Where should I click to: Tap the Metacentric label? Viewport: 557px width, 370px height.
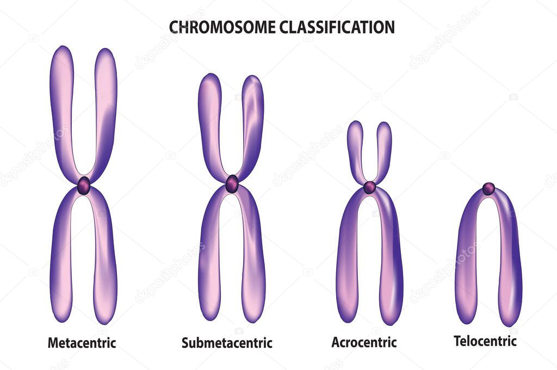coord(82,343)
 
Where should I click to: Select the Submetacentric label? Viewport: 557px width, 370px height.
coord(227,343)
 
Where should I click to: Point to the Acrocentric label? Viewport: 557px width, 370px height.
coord(364,342)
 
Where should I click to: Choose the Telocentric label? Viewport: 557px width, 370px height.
coord(485,341)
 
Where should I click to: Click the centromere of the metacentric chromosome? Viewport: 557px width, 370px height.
coord(84,186)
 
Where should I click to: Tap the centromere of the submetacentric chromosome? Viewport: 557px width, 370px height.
coord(232,183)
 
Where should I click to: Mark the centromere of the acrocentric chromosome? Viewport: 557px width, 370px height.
coord(370,187)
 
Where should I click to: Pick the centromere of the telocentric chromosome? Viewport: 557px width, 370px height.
coord(488,189)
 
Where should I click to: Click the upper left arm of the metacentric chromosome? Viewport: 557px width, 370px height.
coord(62,109)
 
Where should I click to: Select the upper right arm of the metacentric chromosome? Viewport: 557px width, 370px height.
coord(106,109)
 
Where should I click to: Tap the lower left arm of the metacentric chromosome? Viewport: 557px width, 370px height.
coord(61,256)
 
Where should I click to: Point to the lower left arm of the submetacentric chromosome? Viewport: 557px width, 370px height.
coord(210,256)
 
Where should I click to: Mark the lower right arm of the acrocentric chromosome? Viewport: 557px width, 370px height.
coord(391,261)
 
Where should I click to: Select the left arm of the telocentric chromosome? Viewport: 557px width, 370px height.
coord(466,261)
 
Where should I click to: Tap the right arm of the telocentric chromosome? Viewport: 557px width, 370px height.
coord(510,261)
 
